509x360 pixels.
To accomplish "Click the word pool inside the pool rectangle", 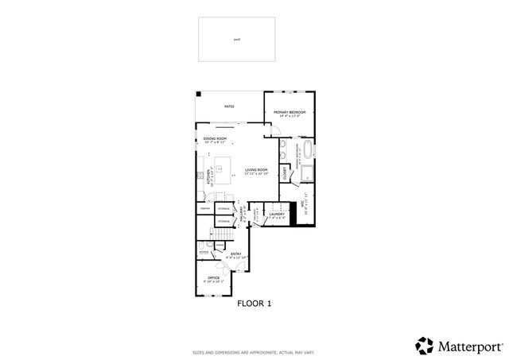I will tap(236, 39).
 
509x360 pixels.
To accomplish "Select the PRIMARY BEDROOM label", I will tap(290, 113).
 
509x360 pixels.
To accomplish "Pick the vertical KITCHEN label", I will tap(209, 176).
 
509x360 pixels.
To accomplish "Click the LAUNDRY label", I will tap(277, 215).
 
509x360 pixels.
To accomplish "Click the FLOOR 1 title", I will tap(254, 303).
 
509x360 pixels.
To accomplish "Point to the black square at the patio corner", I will tap(198, 94).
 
